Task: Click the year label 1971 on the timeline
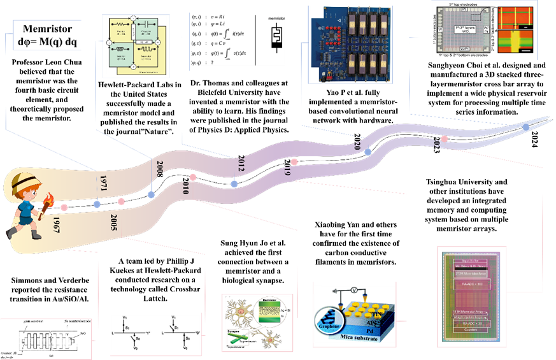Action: (103, 183)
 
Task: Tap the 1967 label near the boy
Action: (56, 227)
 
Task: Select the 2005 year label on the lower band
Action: (113, 222)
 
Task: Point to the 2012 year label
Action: (240, 164)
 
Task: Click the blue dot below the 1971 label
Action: (97, 204)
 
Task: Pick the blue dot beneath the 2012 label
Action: (234, 184)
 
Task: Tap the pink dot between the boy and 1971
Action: (64, 208)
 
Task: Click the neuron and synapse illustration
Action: (257, 323)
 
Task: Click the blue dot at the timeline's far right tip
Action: (525, 128)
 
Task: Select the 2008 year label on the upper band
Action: (160, 169)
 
